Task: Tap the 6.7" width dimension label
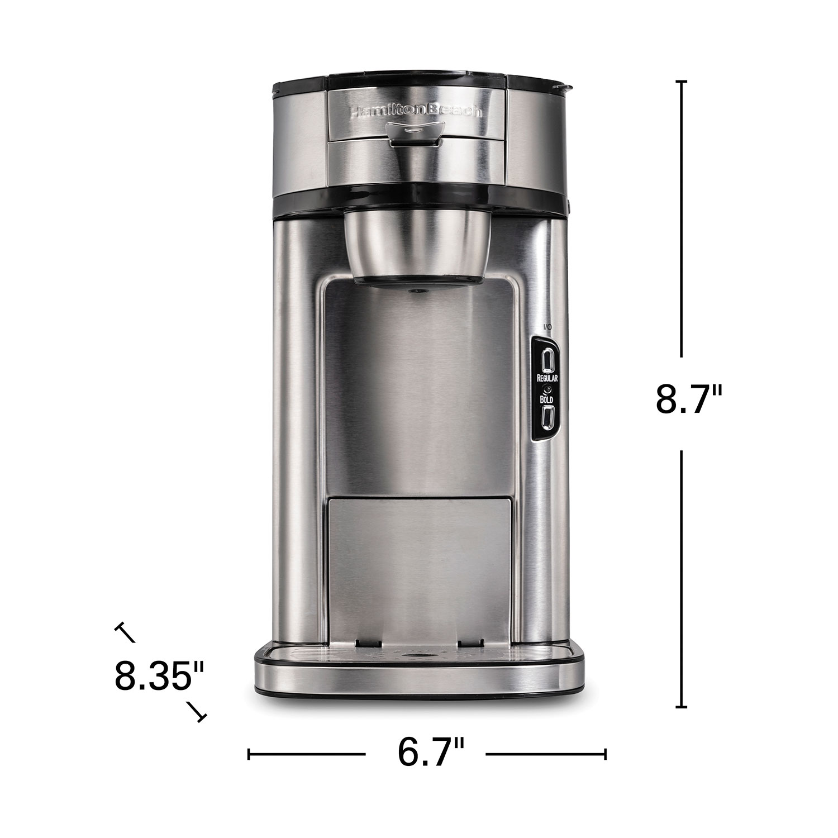tap(431, 753)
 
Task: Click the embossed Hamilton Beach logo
tap(415, 111)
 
